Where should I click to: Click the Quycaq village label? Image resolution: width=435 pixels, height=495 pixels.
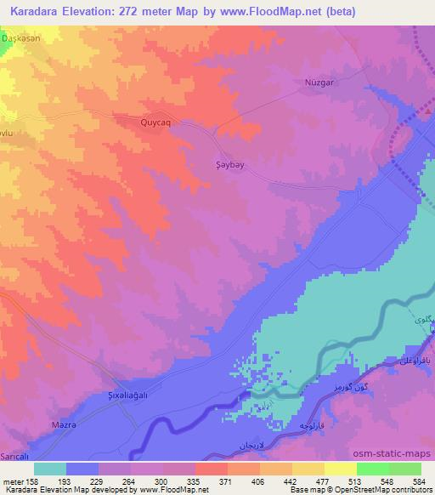click(x=155, y=122)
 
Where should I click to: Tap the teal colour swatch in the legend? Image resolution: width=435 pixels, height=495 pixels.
click(x=50, y=469)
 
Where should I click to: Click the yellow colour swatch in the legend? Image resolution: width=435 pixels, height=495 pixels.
click(x=340, y=469)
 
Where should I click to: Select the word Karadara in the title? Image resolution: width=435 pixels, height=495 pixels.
click(x=35, y=11)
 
